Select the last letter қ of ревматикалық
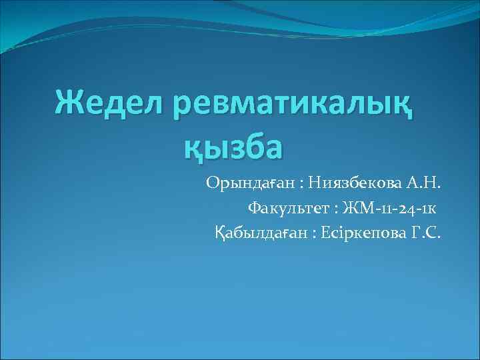[401, 107]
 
